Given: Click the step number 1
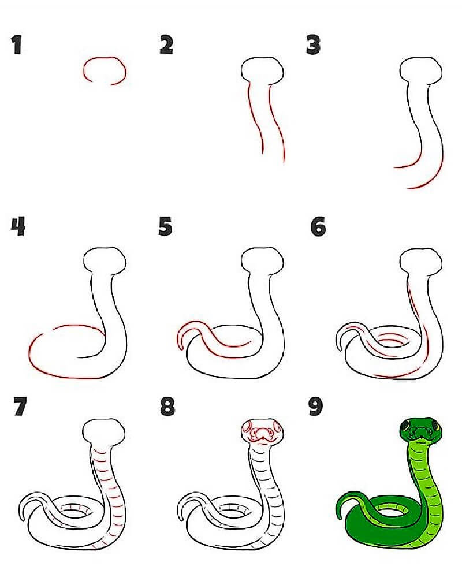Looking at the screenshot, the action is coord(16,45).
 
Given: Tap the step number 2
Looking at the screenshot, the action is coord(166,45).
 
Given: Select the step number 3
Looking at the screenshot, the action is coord(314,45).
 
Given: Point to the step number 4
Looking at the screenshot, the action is coord(18,226).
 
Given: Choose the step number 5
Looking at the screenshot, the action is coord(166,226).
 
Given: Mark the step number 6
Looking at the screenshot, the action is coord(318,226).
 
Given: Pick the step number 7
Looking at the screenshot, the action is coord(21,407).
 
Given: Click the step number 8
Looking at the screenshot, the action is coord(167,407).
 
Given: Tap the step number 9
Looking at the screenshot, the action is coord(316,407).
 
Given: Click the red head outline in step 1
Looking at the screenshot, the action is coord(105,58).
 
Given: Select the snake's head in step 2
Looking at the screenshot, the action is coord(262,71).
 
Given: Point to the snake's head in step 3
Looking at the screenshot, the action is coord(421,71).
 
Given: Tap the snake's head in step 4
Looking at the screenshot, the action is coord(105,260).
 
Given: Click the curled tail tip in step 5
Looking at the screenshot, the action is coord(181,348).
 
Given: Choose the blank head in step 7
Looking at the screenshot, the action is coord(104,432).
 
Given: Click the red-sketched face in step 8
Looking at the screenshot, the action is coord(262,432).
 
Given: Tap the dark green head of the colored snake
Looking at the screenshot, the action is coord(421,430).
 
